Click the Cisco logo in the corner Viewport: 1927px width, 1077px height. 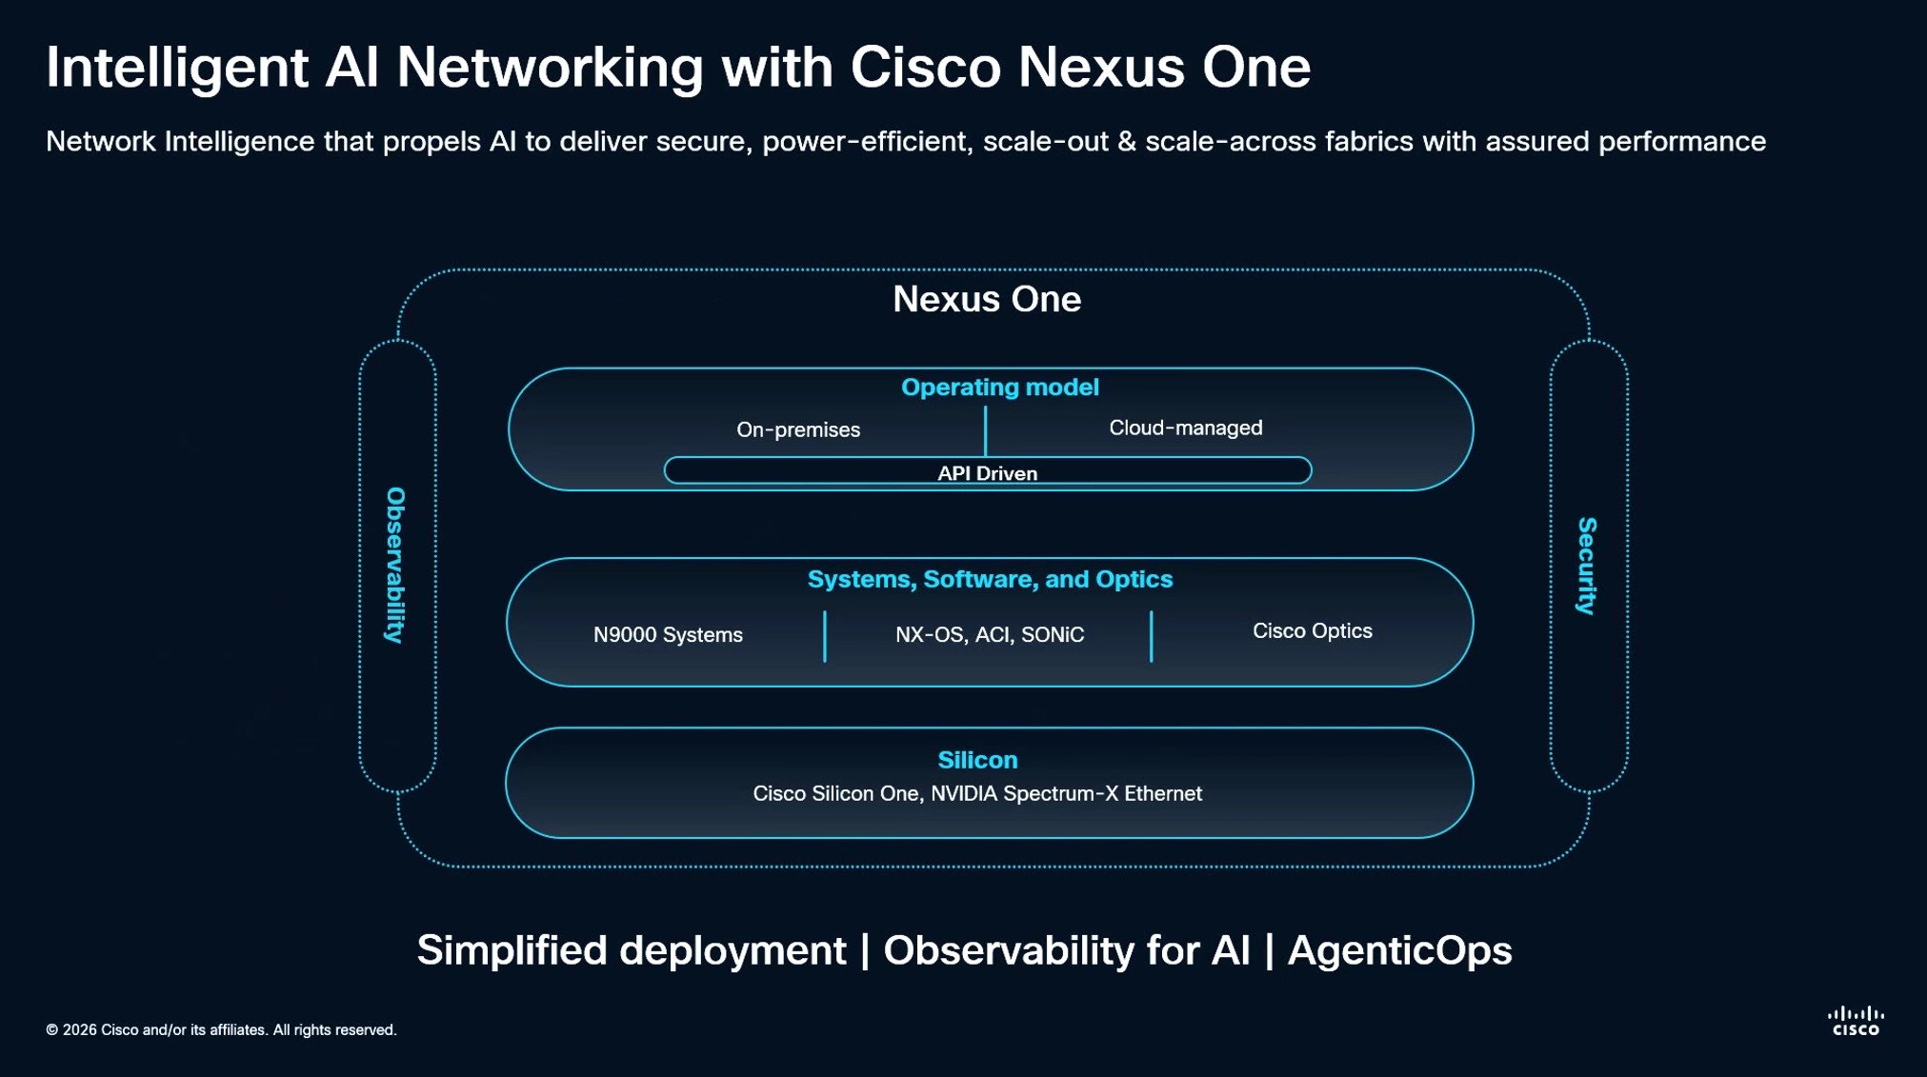tap(1856, 1021)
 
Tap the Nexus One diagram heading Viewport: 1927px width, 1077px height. tap(987, 299)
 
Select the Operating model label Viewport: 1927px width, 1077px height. tap(999, 388)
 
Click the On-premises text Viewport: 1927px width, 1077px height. tap(798, 429)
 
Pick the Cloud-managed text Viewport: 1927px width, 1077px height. tap(1185, 428)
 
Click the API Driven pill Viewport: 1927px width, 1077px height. tap(987, 471)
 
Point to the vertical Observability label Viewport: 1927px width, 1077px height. tap(396, 566)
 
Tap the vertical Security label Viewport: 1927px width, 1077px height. tap(1587, 566)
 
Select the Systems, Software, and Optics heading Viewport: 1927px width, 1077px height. tap(990, 579)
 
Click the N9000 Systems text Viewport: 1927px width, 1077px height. tap(668, 634)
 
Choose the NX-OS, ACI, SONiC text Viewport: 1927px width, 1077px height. tap(990, 634)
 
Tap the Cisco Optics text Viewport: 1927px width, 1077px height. tap(1312, 630)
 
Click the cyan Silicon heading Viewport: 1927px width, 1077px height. tap(977, 760)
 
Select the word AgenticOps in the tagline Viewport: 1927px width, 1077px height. tap(1399, 950)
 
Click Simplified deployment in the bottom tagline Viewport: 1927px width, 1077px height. tap(632, 950)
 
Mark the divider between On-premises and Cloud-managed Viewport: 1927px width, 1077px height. tap(985, 429)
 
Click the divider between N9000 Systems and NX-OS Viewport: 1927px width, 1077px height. tap(825, 636)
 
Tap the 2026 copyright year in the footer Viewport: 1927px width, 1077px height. tap(79, 1029)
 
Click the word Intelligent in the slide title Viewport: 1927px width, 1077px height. tap(177, 68)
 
